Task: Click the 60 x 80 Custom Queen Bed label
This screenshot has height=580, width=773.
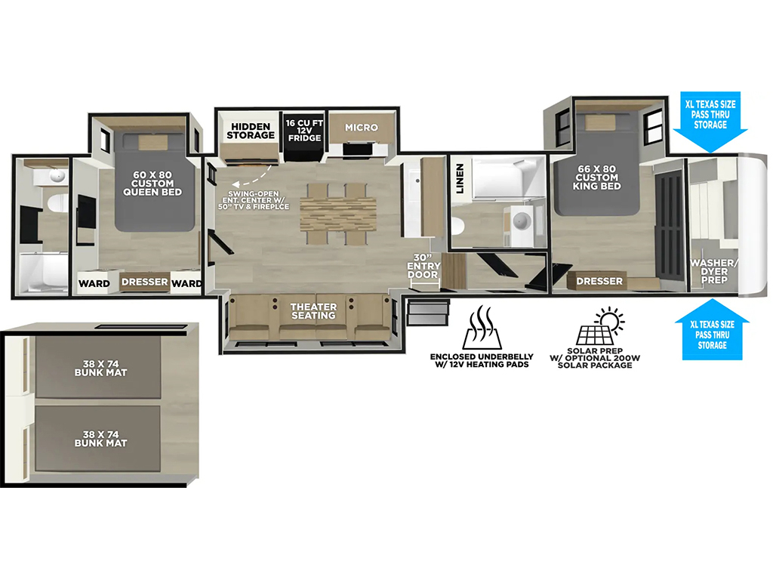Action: (152, 184)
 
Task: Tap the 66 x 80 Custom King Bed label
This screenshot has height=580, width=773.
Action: (596, 177)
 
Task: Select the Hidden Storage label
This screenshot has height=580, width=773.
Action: (251, 131)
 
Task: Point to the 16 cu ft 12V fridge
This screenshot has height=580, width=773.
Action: (304, 137)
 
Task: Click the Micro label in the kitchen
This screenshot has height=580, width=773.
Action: (362, 127)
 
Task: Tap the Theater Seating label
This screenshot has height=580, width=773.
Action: (313, 311)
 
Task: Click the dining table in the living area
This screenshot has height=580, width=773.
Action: (338, 214)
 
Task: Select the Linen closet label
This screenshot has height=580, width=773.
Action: (460, 178)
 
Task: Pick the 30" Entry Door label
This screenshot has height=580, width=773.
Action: (423, 267)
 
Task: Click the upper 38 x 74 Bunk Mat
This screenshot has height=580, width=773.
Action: (98, 368)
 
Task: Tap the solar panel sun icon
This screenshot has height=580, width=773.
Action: (600, 326)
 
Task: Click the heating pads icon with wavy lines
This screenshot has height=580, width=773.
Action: (482, 327)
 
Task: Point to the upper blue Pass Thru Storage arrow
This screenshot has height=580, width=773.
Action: (710, 122)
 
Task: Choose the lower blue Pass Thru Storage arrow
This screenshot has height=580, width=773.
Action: (712, 329)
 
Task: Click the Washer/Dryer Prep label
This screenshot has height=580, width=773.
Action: (714, 271)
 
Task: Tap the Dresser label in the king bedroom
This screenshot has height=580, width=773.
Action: (599, 281)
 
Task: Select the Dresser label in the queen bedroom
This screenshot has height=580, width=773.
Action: (145, 282)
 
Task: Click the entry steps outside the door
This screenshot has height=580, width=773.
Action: (429, 313)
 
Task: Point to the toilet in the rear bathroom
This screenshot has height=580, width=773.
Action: (57, 203)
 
